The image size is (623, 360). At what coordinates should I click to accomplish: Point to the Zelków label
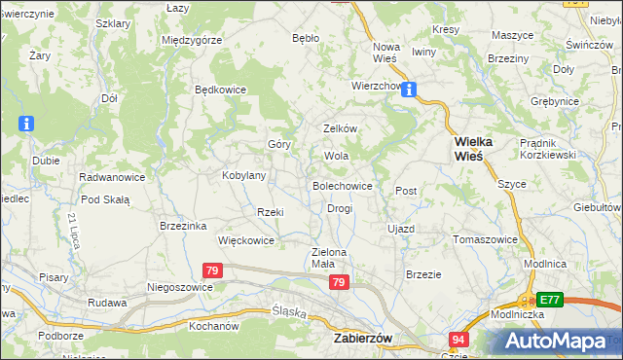tap(341, 128)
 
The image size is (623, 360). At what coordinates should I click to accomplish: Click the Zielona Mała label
tap(329, 257)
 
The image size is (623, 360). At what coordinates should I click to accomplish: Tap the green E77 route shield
tap(550, 300)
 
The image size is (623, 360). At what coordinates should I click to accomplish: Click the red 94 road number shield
tap(459, 338)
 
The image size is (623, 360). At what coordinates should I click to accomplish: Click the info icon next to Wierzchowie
tap(410, 90)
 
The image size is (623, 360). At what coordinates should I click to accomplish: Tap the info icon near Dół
tap(26, 124)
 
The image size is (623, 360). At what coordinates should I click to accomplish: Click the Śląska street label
tap(289, 313)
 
